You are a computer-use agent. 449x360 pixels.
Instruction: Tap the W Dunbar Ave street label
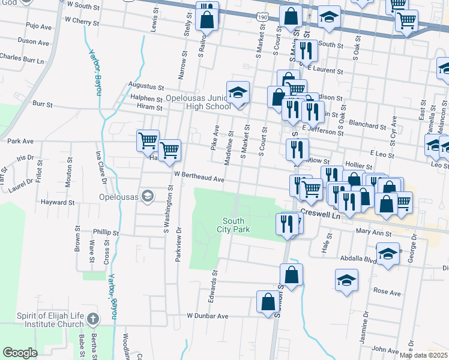point(208,316)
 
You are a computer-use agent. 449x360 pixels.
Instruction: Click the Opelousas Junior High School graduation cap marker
point(238,93)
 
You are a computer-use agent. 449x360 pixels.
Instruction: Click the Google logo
point(20,353)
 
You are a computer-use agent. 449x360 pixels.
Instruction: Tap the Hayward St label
point(58,203)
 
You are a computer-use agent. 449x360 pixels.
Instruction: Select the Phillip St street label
point(106,232)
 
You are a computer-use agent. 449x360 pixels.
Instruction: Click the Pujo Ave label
point(38,26)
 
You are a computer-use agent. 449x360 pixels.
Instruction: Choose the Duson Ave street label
point(34,42)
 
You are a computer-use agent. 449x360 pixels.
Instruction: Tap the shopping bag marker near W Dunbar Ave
point(268,302)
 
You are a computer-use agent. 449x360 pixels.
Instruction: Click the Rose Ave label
point(387,292)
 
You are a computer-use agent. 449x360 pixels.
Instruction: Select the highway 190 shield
point(262,18)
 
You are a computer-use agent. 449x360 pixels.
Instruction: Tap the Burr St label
point(43,104)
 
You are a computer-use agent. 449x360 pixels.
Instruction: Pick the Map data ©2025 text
point(423,355)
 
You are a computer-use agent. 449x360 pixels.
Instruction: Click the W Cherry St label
point(82,20)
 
